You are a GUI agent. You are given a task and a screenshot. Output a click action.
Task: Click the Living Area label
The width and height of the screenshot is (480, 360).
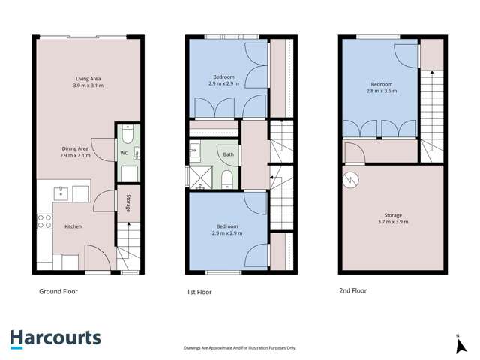click(x=88, y=78)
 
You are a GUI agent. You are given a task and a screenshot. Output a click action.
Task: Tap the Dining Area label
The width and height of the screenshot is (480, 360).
click(x=76, y=148)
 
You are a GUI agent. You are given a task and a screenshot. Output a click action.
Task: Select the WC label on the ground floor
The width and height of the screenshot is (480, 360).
click(x=124, y=154)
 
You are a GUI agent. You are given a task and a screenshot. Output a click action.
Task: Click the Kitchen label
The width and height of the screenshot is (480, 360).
click(x=73, y=226)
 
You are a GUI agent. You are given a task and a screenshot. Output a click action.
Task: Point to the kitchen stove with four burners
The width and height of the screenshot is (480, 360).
click(x=44, y=221)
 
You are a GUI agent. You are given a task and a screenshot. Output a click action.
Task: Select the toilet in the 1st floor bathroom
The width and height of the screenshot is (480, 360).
click(x=227, y=177)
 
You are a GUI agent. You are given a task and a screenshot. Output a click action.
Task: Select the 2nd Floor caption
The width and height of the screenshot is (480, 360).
click(x=352, y=291)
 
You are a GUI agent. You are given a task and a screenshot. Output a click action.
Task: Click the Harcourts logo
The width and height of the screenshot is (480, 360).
click(x=55, y=338)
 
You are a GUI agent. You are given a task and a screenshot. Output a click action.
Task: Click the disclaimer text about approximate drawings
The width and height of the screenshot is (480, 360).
click(x=240, y=348)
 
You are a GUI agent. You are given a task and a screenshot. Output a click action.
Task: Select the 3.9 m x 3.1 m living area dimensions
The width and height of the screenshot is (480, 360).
click(x=88, y=85)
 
